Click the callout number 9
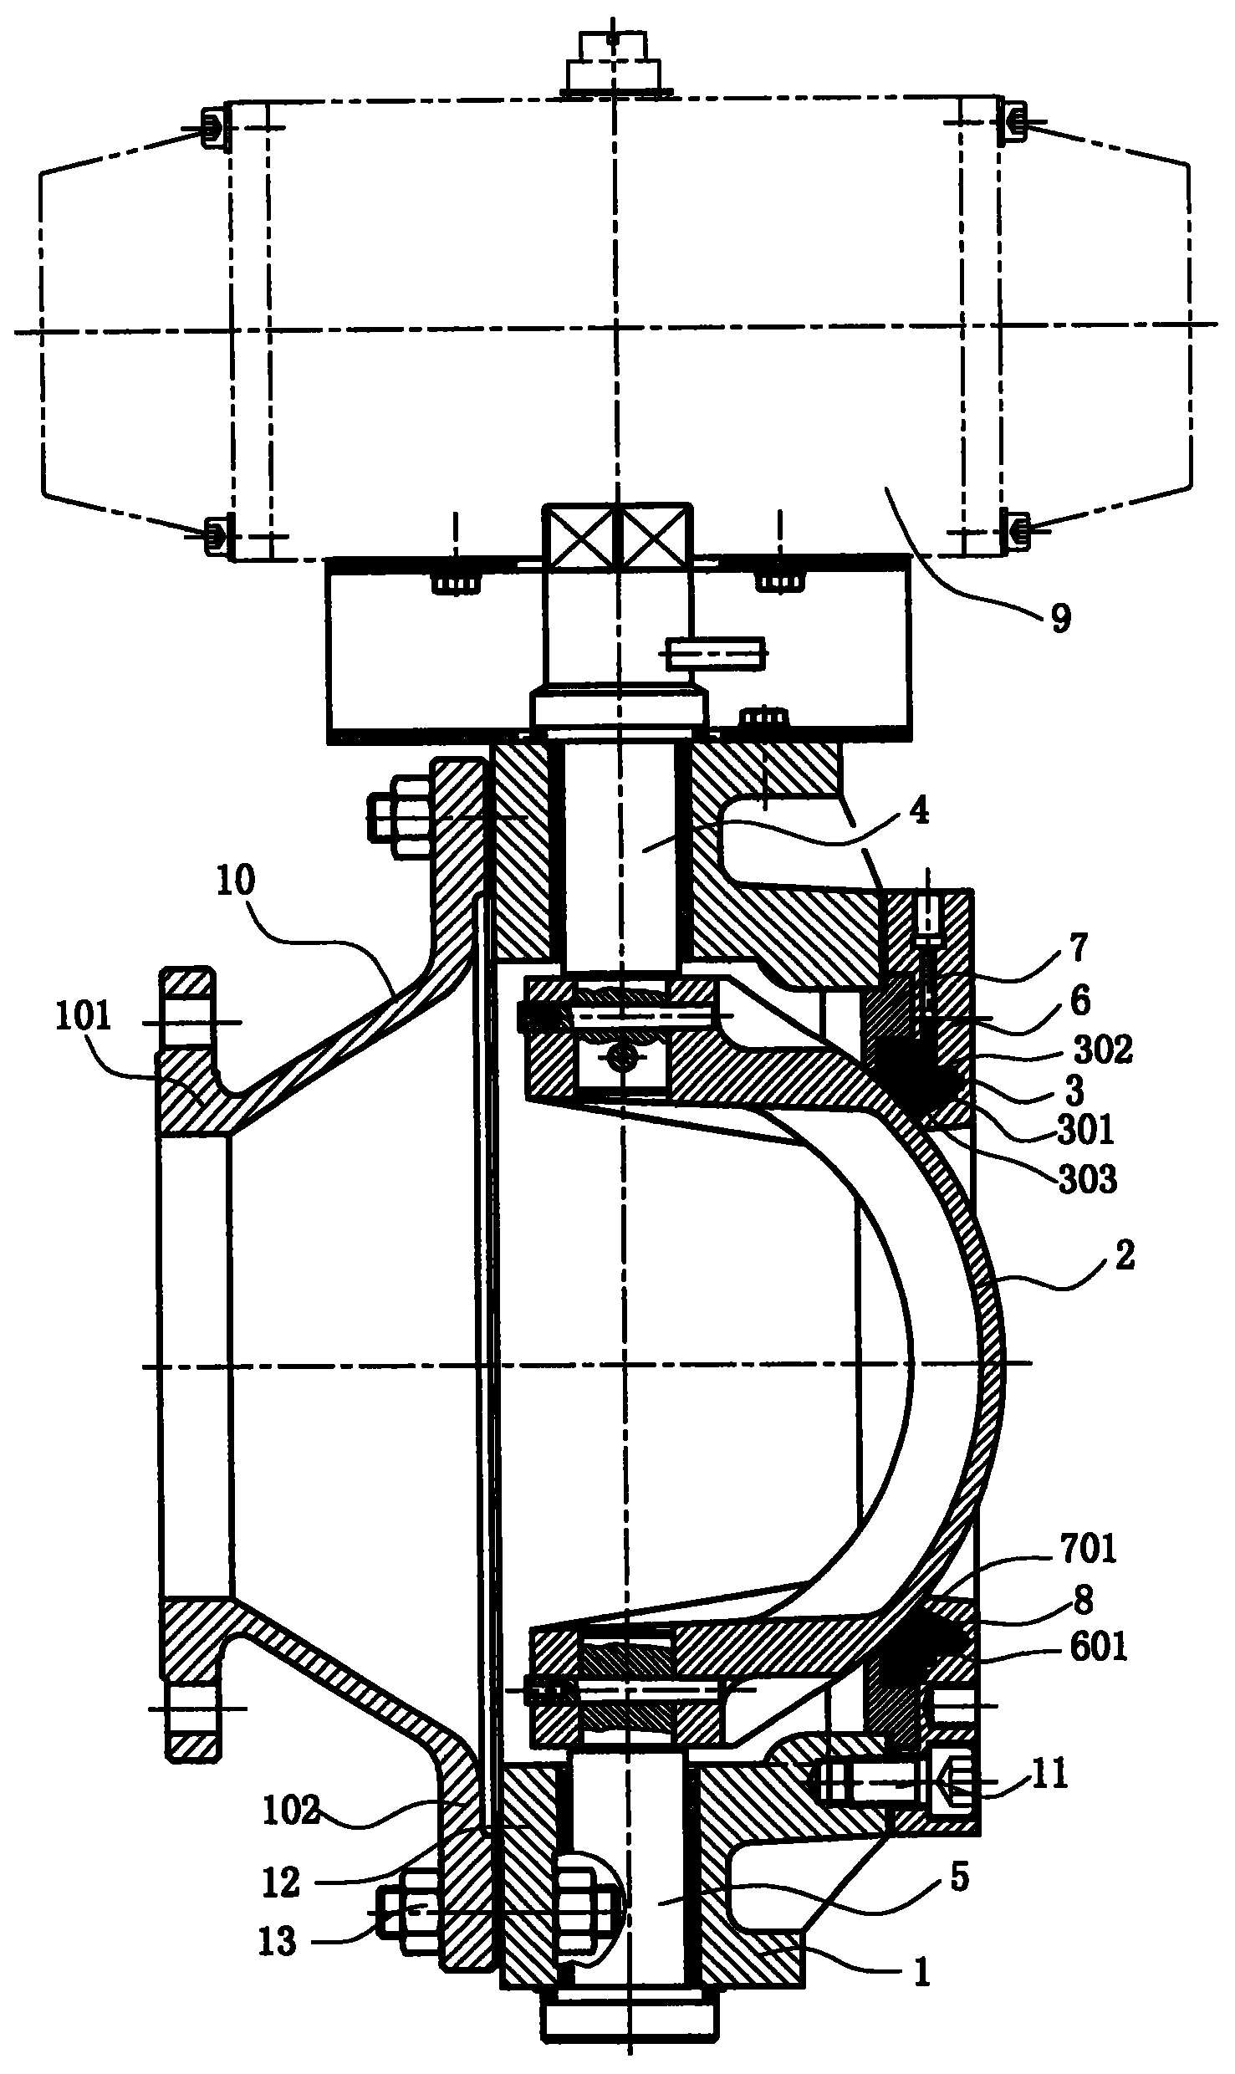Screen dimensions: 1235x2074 click(x=1060, y=618)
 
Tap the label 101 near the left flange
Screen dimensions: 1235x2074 click(x=84, y=1018)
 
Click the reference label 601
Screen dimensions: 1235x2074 click(x=1097, y=1647)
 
